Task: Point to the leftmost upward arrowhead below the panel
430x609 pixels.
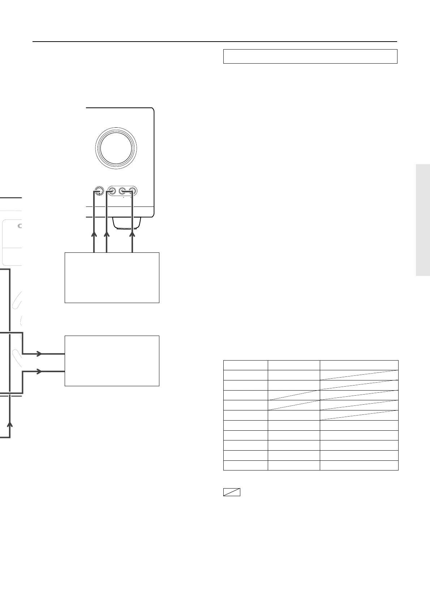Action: [94, 235]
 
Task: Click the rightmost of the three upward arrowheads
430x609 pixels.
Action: [133, 235]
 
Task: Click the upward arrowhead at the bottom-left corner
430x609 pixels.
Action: [10, 424]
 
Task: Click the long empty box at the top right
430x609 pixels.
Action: [310, 56]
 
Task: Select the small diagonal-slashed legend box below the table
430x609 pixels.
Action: [232, 492]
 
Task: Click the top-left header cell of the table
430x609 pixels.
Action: [245, 365]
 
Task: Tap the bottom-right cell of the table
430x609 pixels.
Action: [359, 465]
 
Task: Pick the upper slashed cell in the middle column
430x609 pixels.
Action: [293, 395]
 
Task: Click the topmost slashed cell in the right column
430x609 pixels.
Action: [359, 375]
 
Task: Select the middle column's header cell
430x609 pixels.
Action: [293, 365]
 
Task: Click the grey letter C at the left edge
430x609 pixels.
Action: [20, 227]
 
